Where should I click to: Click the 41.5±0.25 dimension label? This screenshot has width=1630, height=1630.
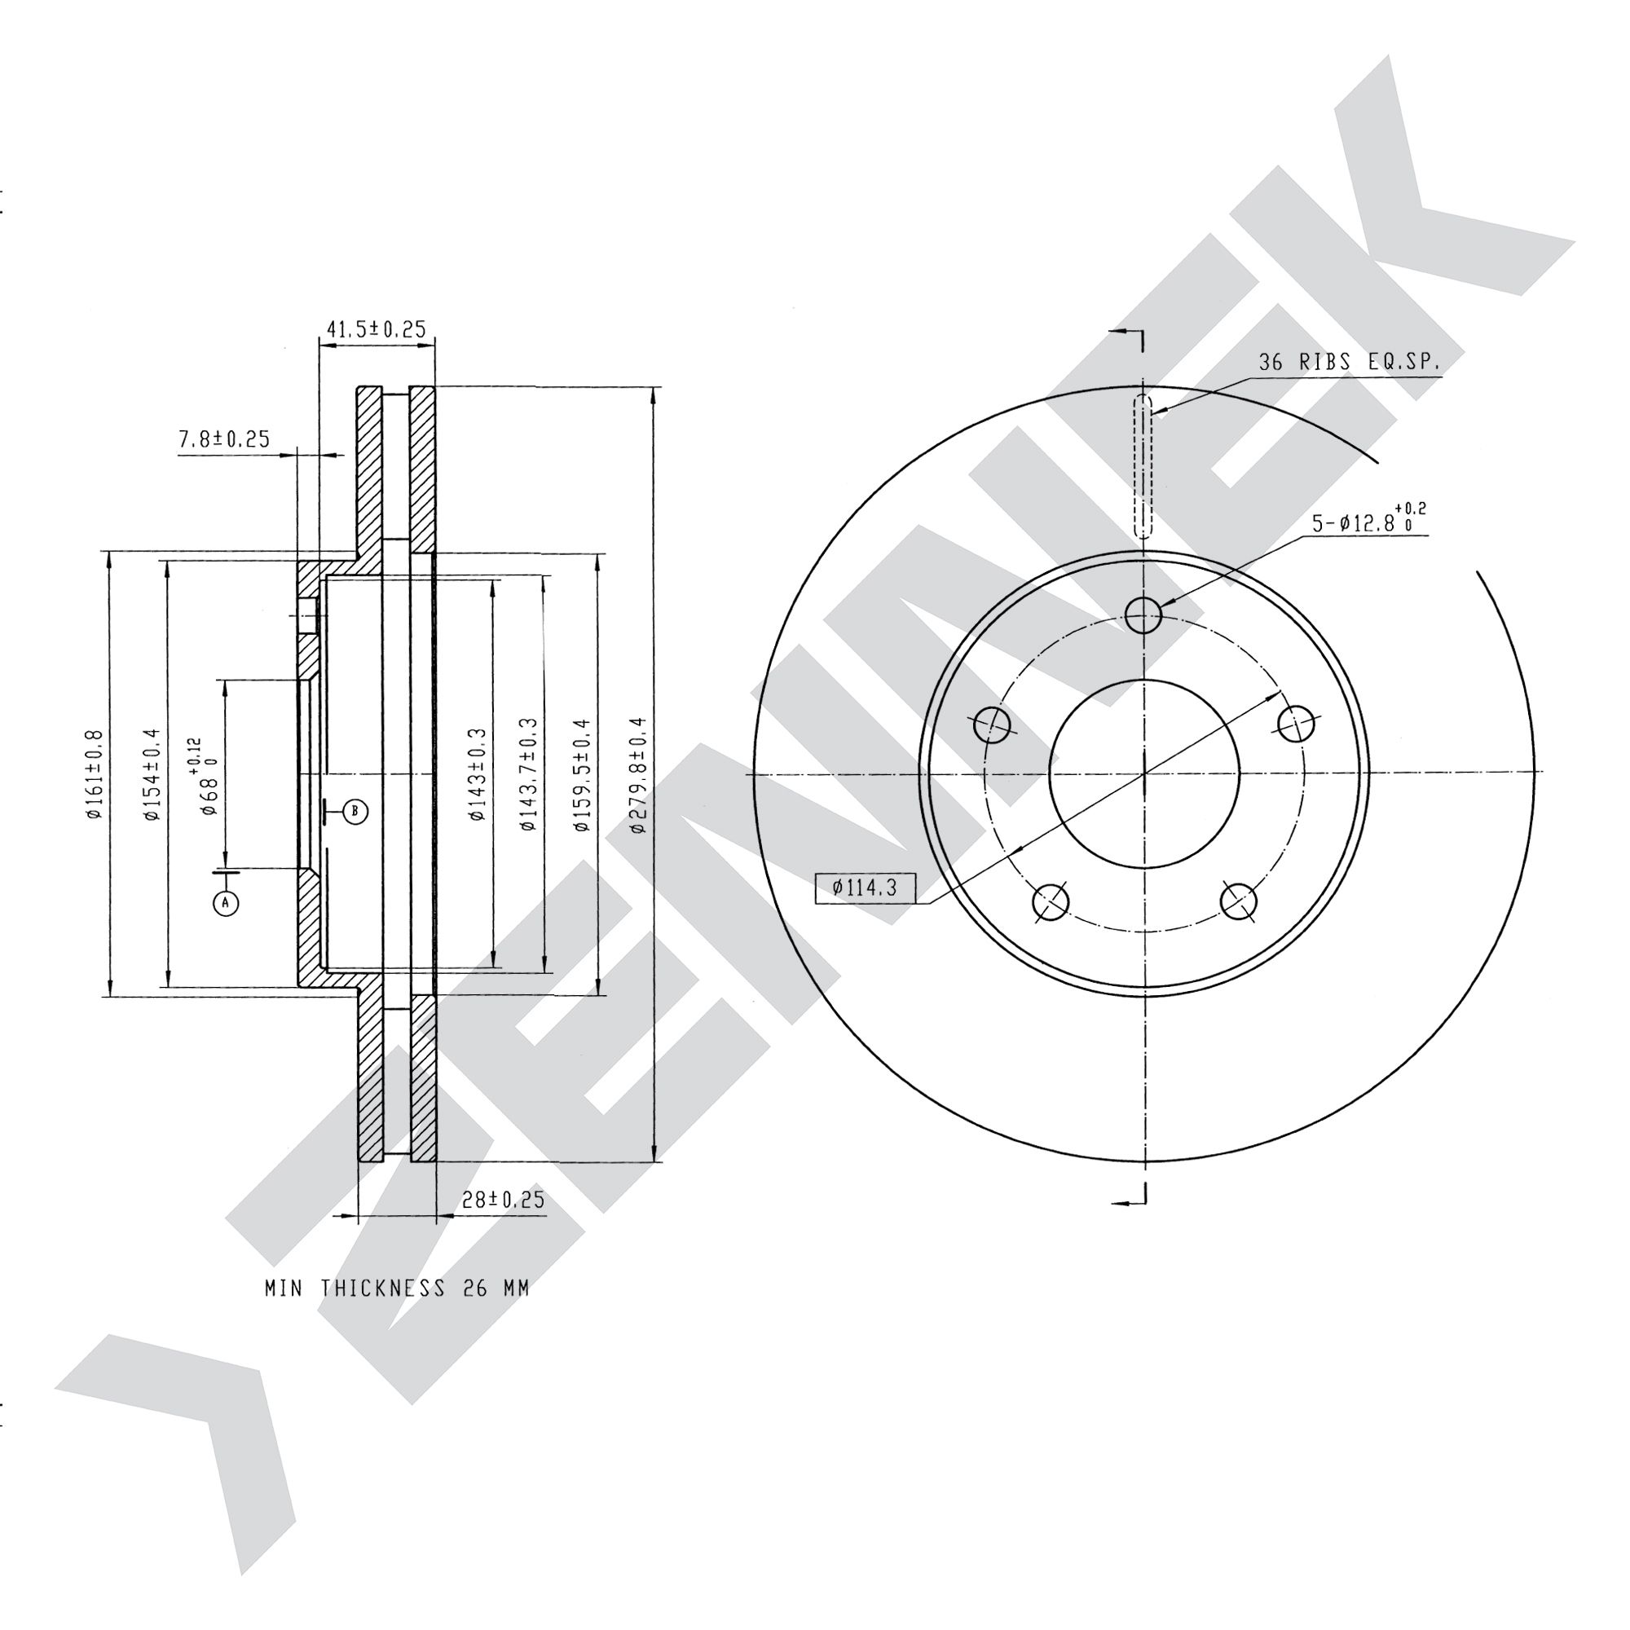[x=376, y=329]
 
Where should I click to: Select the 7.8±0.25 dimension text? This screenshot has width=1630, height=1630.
[x=223, y=438]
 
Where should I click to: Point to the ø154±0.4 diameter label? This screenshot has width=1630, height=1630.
[x=152, y=774]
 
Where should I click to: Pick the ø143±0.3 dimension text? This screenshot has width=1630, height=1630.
[x=478, y=774]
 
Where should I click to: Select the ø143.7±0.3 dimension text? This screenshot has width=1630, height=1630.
[x=528, y=774]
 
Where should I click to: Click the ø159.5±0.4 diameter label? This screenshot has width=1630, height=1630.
[x=582, y=774]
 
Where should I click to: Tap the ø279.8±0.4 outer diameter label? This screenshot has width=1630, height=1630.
[x=639, y=774]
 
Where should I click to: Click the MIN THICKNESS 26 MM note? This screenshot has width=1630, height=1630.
[x=398, y=1289]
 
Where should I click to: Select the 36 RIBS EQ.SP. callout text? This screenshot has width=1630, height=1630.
[x=1350, y=363]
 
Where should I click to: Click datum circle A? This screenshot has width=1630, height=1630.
[x=225, y=904]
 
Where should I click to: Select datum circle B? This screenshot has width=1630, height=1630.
[x=355, y=812]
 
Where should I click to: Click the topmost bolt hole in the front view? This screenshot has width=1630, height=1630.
[x=1143, y=615]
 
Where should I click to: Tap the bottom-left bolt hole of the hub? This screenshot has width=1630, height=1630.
[x=1051, y=901]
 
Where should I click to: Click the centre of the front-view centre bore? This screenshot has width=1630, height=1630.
[x=1144, y=773]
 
